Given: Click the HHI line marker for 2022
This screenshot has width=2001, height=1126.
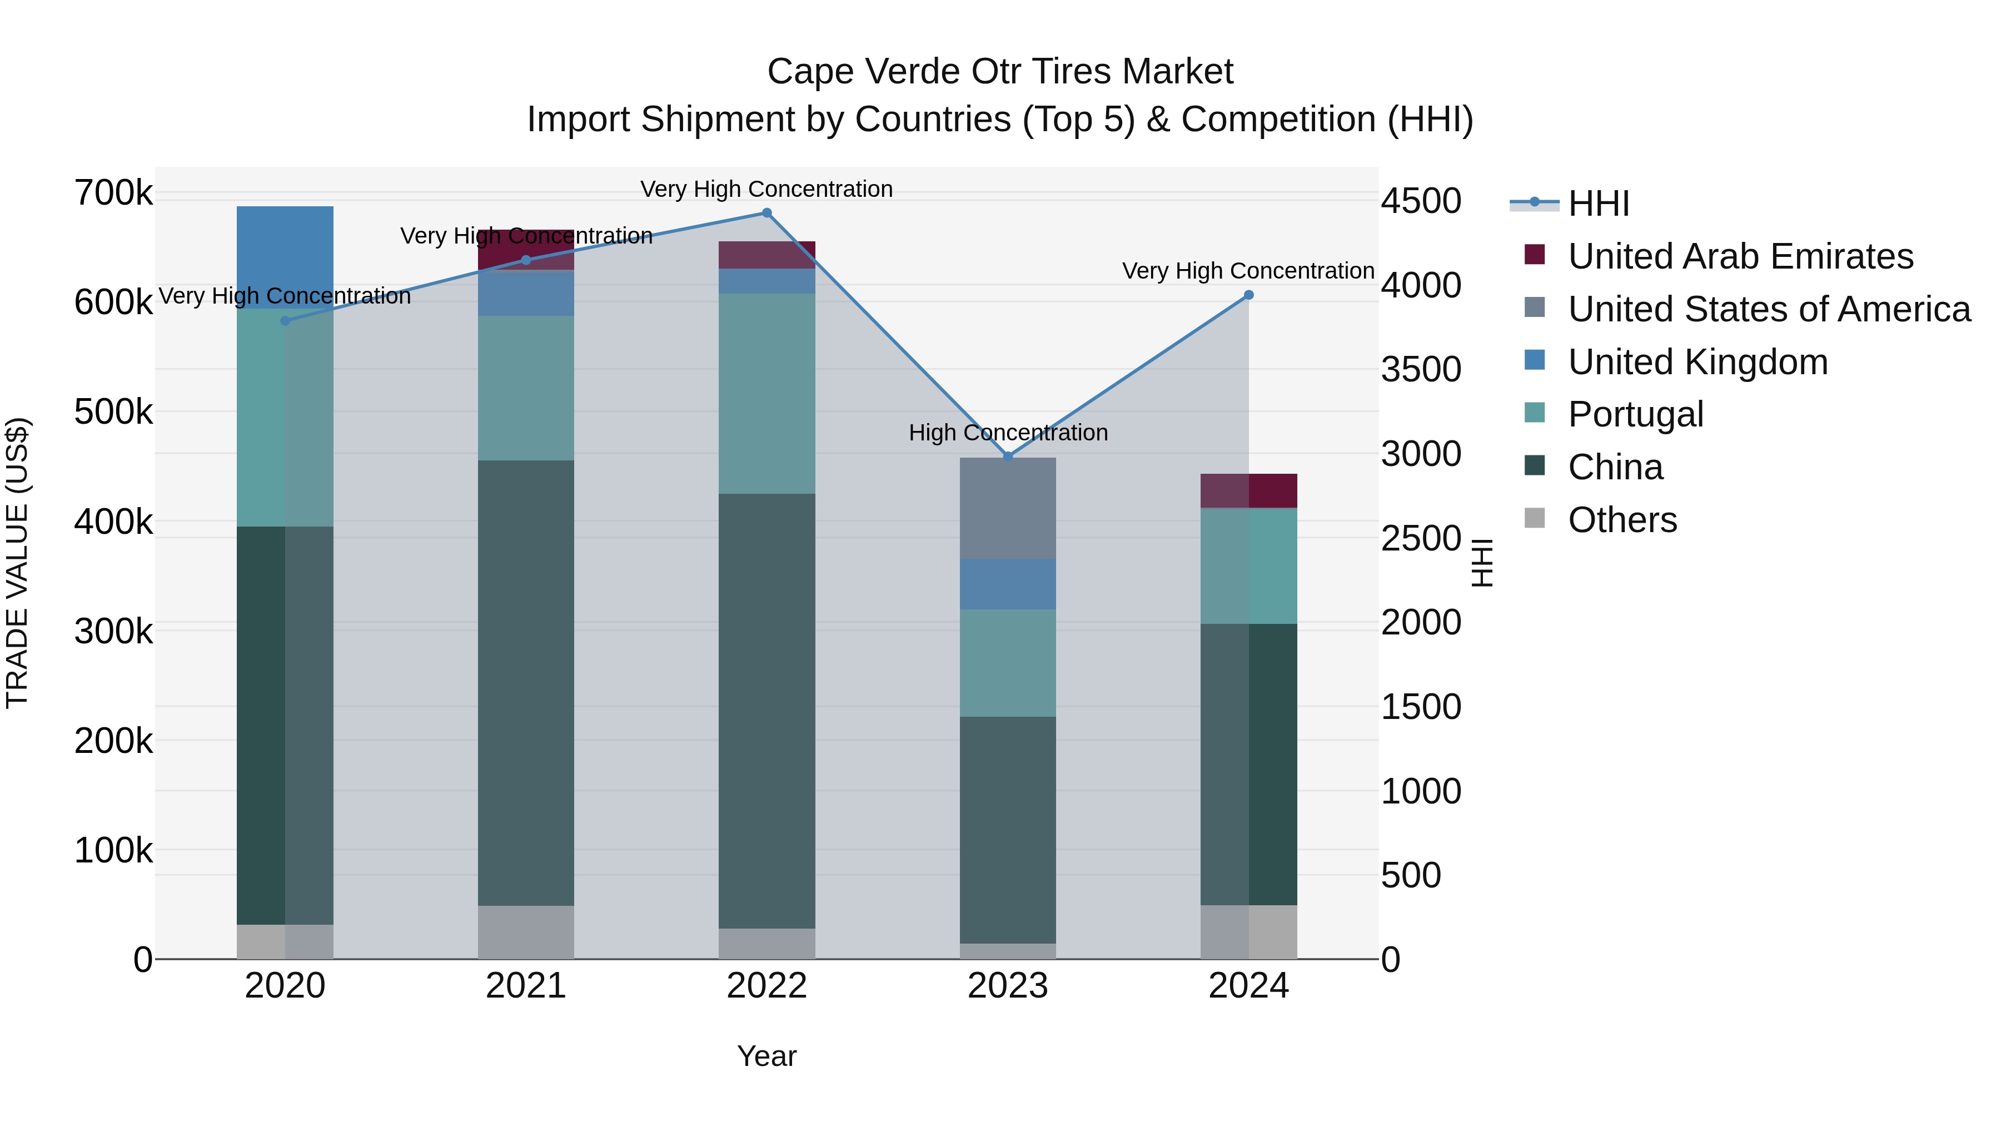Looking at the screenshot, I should [x=766, y=213].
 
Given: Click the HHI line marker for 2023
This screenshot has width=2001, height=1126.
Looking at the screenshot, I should [x=1008, y=456].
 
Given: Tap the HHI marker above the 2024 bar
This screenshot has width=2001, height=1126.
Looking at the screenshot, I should [x=1248, y=295].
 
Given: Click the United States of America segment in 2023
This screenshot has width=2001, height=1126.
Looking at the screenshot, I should [x=1008, y=508].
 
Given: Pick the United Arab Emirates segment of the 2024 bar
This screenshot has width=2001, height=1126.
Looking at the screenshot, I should [x=1248, y=491].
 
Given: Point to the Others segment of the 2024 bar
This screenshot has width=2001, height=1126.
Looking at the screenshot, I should [x=1248, y=932].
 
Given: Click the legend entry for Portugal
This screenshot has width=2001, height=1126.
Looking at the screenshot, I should [x=1635, y=414].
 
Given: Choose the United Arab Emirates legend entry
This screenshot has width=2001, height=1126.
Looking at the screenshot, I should [x=1740, y=256].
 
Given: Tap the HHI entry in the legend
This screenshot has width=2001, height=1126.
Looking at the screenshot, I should [x=1598, y=204].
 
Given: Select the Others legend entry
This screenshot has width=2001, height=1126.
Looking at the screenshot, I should [x=1622, y=520].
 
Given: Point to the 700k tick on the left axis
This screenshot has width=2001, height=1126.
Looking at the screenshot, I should [x=113, y=193].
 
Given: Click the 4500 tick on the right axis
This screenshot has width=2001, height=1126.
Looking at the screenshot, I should [x=1421, y=201].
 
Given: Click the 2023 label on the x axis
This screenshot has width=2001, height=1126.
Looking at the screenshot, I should [x=1008, y=986].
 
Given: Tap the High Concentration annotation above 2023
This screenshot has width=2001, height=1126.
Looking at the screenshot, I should [x=1008, y=433].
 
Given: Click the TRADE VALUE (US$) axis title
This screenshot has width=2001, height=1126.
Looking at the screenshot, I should [x=17, y=563].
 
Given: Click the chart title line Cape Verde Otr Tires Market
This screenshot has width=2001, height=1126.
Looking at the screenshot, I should [x=1000, y=72].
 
